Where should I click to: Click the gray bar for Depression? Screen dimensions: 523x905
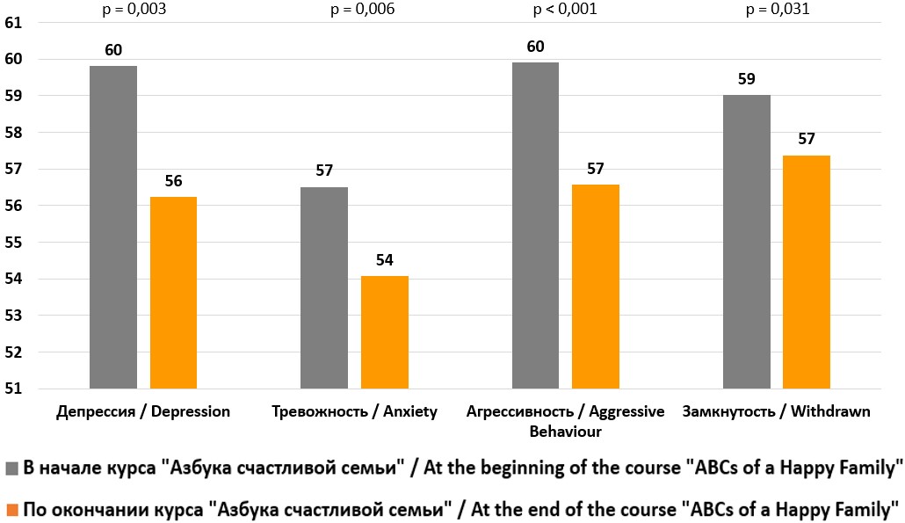112,227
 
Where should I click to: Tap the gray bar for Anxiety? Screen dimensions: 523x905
324,287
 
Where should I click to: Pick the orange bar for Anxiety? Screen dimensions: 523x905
384,331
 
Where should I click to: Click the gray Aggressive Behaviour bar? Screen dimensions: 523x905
535,225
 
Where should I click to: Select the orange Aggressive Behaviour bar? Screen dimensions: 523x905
595,286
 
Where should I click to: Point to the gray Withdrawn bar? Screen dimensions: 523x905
746,241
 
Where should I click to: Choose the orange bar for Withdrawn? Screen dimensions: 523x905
807,272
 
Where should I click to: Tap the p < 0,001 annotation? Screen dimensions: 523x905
566,10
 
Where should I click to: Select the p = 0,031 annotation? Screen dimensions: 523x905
777,10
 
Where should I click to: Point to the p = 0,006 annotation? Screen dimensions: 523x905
362,10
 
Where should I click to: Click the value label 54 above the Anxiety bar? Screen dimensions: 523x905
384,260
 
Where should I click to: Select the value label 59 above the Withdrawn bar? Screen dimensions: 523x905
746,78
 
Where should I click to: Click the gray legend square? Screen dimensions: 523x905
11,469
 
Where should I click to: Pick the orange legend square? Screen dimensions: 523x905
11,508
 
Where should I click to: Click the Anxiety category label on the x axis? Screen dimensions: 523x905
354,412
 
